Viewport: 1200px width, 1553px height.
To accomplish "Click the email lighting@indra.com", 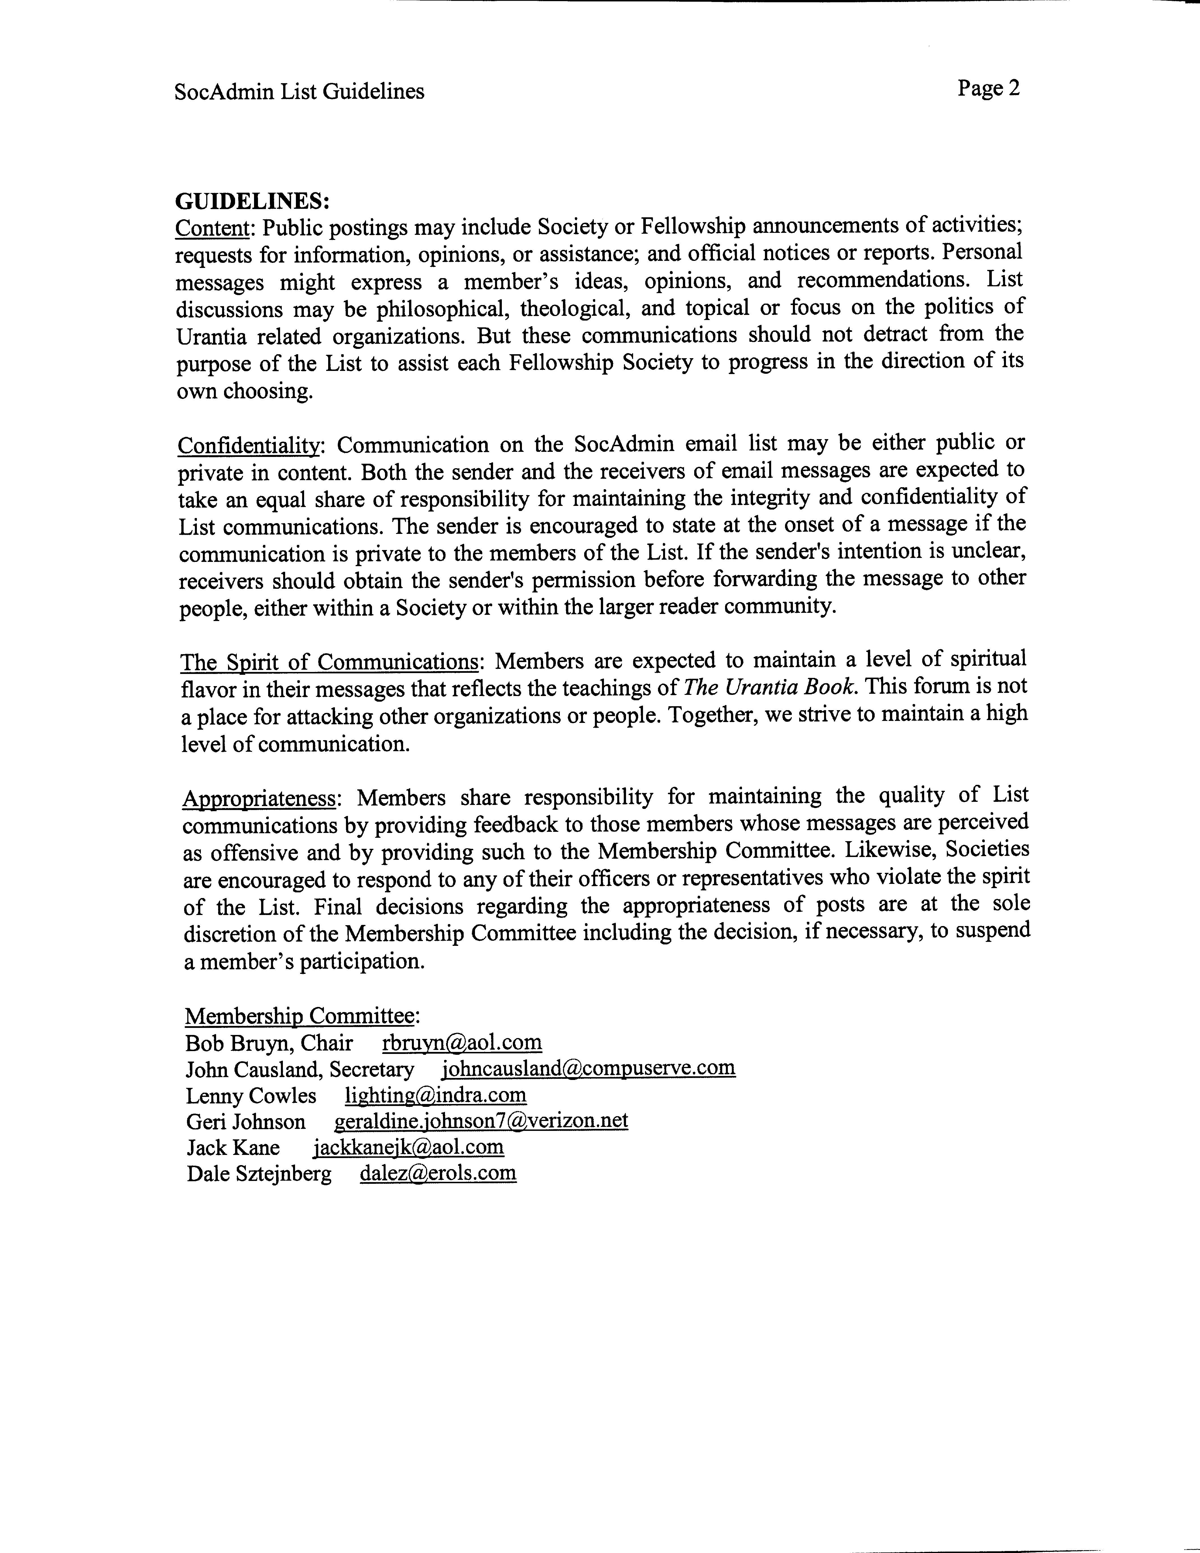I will click(x=436, y=1095).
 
